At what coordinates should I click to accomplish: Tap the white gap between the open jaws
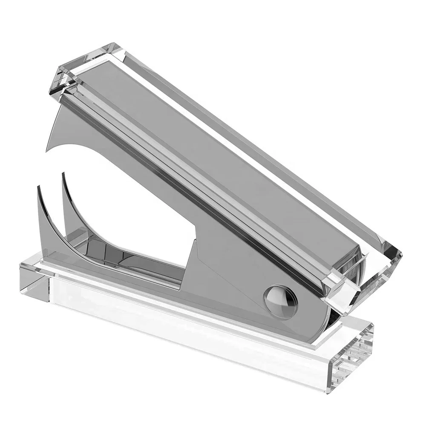pos(128,196)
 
